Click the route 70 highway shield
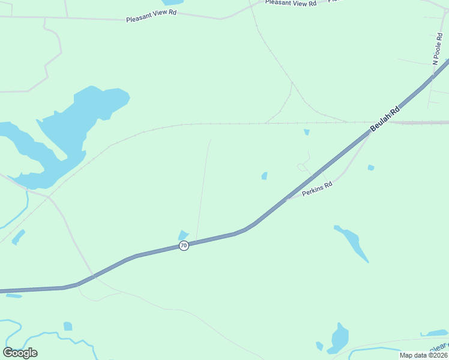tap(184, 245)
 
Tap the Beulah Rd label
tap(385, 120)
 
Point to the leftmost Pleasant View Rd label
tap(151, 19)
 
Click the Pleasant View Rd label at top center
tap(291, 3)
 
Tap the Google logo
tap(20, 352)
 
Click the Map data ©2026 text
tap(423, 355)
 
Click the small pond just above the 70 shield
tap(183, 235)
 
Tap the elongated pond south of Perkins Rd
tap(354, 243)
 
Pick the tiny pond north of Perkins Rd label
tap(264, 176)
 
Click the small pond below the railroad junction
tap(307, 132)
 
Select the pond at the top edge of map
tap(172, 2)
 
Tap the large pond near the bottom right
tap(339, 339)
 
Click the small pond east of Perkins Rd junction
tap(371, 167)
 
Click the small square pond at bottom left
tap(68, 326)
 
